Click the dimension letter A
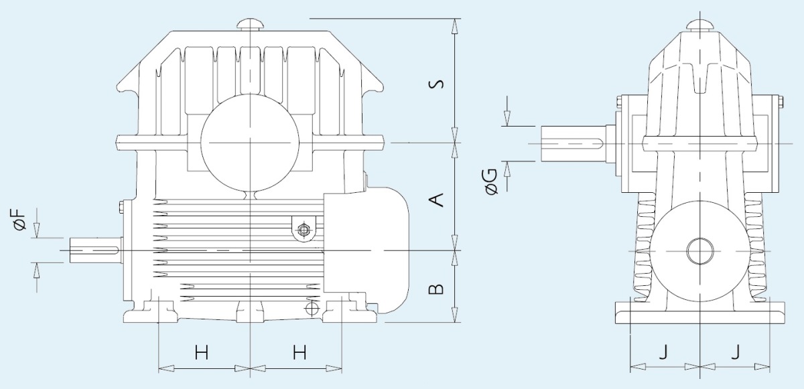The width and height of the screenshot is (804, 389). point(436,200)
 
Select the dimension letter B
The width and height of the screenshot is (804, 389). point(436,289)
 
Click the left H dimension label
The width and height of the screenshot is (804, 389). point(202,352)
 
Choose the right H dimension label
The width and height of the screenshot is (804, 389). point(299,352)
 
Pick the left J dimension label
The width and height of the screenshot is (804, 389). point(664,352)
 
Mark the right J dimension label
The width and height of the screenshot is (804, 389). point(736,352)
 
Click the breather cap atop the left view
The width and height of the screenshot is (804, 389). point(251,24)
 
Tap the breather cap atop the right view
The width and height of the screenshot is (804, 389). point(700,25)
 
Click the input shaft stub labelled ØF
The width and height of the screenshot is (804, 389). point(94,250)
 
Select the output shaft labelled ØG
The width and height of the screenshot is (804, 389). point(574,143)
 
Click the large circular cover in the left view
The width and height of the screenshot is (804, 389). point(250,143)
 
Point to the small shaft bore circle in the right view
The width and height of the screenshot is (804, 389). point(700,251)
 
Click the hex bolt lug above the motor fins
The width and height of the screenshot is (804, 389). point(304,229)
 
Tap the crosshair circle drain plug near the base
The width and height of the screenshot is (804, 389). point(312,308)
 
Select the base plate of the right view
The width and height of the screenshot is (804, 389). point(700,313)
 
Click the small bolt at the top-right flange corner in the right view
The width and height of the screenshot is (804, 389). point(781,102)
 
